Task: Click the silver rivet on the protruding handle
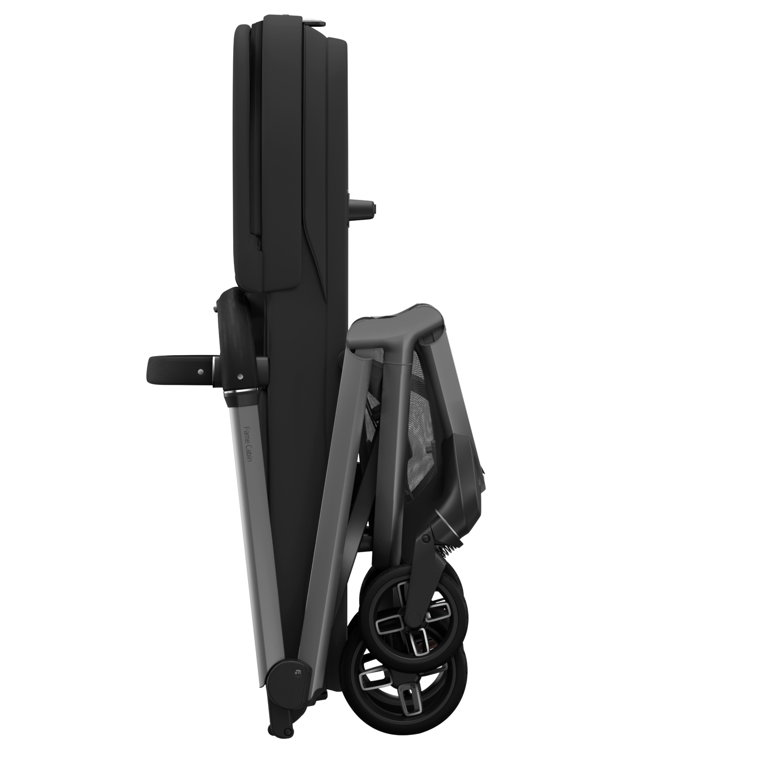click(200, 371)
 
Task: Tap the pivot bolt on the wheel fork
click(426, 537)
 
